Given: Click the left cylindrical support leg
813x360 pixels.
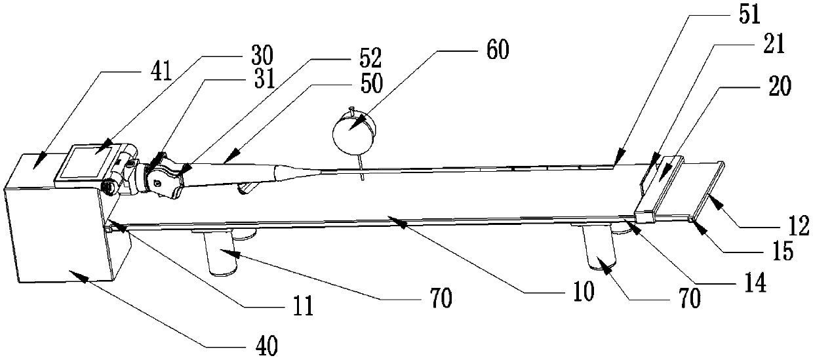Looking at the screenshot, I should (222, 254).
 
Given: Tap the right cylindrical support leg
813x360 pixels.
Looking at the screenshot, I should (600, 249).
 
